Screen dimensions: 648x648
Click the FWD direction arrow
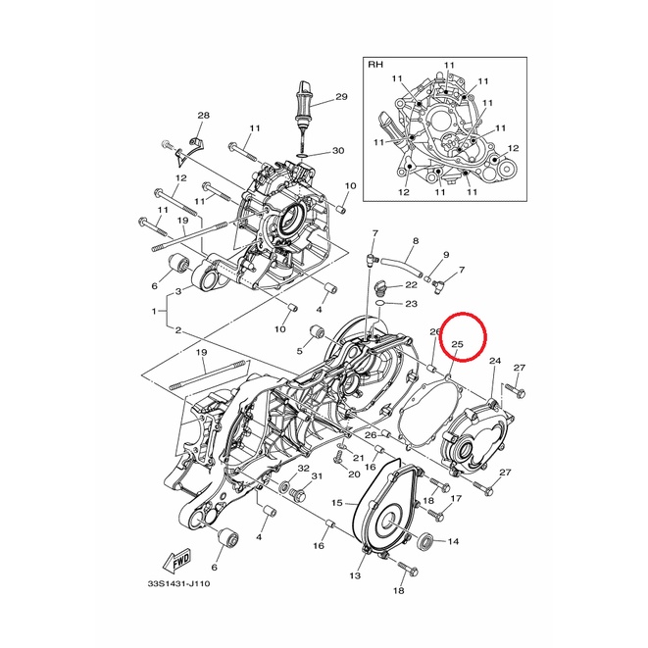pyautogui.click(x=177, y=562)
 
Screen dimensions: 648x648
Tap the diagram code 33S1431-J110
pyautogui.click(x=179, y=584)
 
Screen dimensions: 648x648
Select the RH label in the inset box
pyautogui.click(x=375, y=65)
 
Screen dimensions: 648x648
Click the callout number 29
pyautogui.click(x=341, y=97)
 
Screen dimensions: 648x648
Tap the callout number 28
pyautogui.click(x=203, y=116)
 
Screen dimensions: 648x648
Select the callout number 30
pyautogui.click(x=338, y=151)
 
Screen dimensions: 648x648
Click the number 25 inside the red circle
pyautogui.click(x=457, y=344)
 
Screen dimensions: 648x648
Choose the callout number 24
pyautogui.click(x=495, y=361)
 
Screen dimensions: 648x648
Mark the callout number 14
pyautogui.click(x=453, y=541)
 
